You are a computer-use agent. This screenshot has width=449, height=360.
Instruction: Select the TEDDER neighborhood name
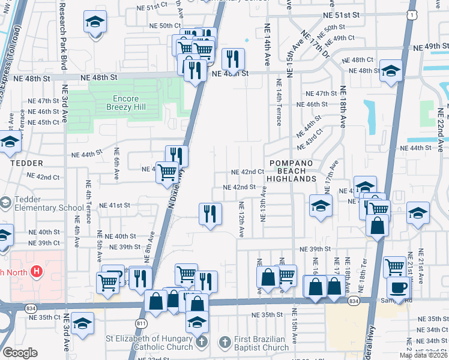coord(26,163)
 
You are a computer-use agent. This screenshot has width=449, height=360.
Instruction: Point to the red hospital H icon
coord(37,271)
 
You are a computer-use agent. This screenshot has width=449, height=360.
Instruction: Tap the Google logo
coord(20,353)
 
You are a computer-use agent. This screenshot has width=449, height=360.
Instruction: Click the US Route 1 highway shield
coord(412,14)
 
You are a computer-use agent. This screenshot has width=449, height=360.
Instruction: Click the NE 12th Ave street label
coord(241,220)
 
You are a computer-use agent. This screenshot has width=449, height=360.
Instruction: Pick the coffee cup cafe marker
coord(398,287)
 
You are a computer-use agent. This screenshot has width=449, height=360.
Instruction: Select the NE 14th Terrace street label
coord(279,100)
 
